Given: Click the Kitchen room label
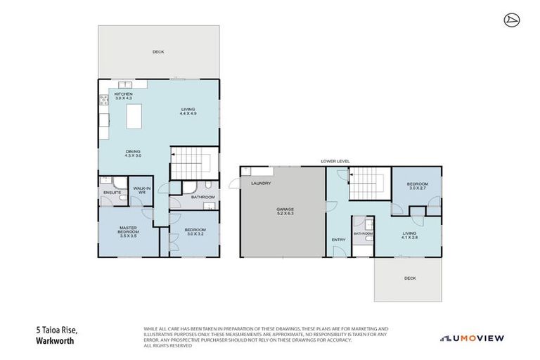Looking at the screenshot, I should (124, 96).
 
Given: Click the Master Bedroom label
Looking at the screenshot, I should (127, 230).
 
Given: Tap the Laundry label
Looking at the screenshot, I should (261, 184).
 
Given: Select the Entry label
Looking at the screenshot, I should (338, 240).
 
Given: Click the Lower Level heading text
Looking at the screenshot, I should (335, 162).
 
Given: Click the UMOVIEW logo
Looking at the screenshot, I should (472, 338).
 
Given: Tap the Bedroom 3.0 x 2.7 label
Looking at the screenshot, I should (417, 186).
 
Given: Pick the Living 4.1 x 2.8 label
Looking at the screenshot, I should (410, 236).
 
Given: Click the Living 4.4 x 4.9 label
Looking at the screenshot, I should (188, 111).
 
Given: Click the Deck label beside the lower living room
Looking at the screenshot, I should (410, 278).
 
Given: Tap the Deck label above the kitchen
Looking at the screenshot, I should (158, 51).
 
